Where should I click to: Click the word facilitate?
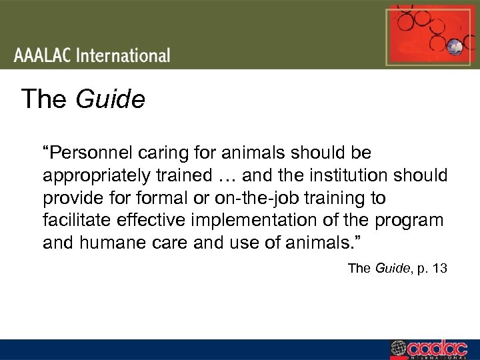[x=71, y=220]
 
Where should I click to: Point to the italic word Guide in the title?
[x=110, y=99]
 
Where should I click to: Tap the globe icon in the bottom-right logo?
[x=398, y=349]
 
